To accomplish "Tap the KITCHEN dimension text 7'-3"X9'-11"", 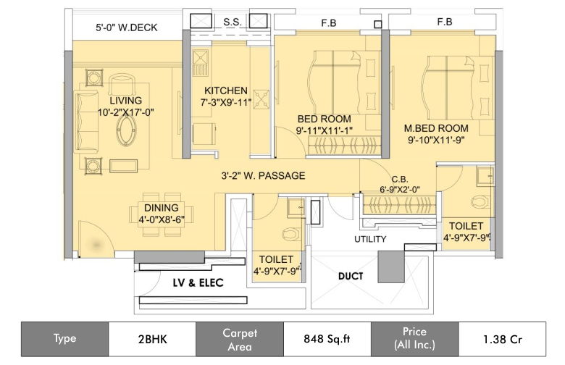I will click(x=225, y=103).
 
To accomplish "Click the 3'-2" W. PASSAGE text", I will click(x=263, y=175).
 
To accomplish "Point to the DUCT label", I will click(x=351, y=276).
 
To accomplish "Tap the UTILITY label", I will click(x=369, y=239).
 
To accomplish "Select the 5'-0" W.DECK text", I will click(x=127, y=28).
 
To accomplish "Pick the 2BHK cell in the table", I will click(x=151, y=338).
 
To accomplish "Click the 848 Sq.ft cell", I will click(x=327, y=338).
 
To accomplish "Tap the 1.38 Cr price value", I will click(x=502, y=338).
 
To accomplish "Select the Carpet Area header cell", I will click(x=239, y=338).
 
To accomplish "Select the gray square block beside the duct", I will click(x=391, y=267).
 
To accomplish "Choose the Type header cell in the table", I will click(x=64, y=338).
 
